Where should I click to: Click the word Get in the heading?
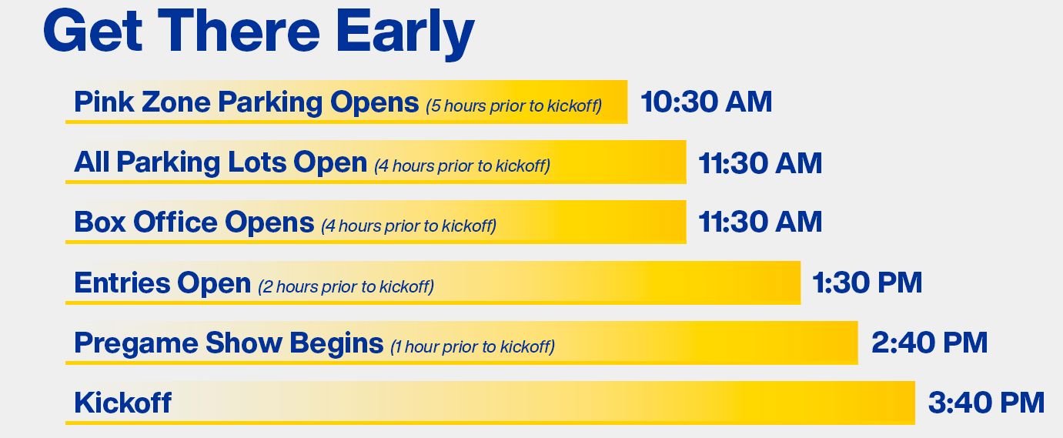[93, 32]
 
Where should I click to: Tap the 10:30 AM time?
[706, 102]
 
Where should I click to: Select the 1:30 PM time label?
[867, 283]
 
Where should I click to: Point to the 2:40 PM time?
[929, 343]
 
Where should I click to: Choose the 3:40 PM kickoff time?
[986, 403]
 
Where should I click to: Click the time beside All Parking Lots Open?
[760, 163]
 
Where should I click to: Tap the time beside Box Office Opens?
[760, 222]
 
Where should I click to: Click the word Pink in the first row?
[104, 102]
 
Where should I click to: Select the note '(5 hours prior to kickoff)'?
[514, 105]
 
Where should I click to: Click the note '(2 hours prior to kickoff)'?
[346, 286]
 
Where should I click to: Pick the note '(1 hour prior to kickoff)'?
[472, 347]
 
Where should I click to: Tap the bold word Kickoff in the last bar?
[123, 403]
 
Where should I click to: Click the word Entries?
[122, 283]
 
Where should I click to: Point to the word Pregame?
[136, 343]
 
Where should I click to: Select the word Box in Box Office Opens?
[100, 222]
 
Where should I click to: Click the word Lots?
[257, 162]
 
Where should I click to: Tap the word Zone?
[175, 102]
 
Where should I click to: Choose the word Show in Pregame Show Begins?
[243, 343]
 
